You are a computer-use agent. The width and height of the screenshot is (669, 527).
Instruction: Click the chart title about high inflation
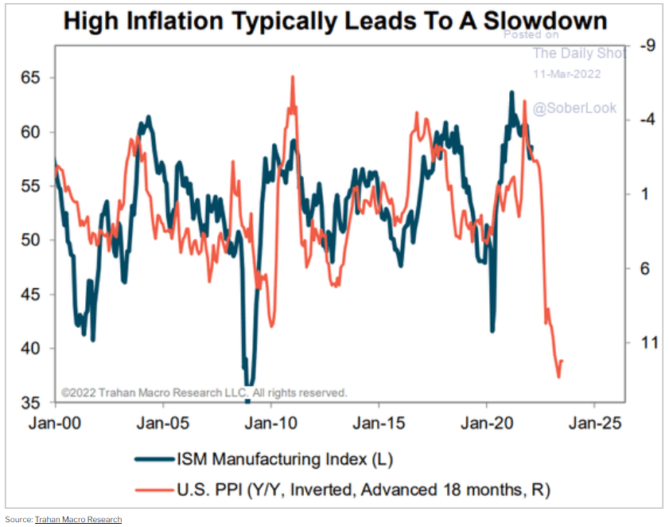point(334,20)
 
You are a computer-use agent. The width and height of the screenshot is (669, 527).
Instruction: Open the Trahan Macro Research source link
point(78,519)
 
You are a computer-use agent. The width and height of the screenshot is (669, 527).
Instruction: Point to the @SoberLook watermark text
point(574,107)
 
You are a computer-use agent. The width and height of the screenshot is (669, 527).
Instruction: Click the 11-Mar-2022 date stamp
point(566,74)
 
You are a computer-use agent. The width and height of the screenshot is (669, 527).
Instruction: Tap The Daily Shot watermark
point(579,53)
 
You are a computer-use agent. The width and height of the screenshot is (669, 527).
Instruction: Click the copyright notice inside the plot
point(204,392)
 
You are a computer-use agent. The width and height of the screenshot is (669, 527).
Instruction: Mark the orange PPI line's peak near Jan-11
point(293,77)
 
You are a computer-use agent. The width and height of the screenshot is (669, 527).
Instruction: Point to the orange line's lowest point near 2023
point(558,377)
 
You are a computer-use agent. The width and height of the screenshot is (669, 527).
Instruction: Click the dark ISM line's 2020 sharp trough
point(492,330)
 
